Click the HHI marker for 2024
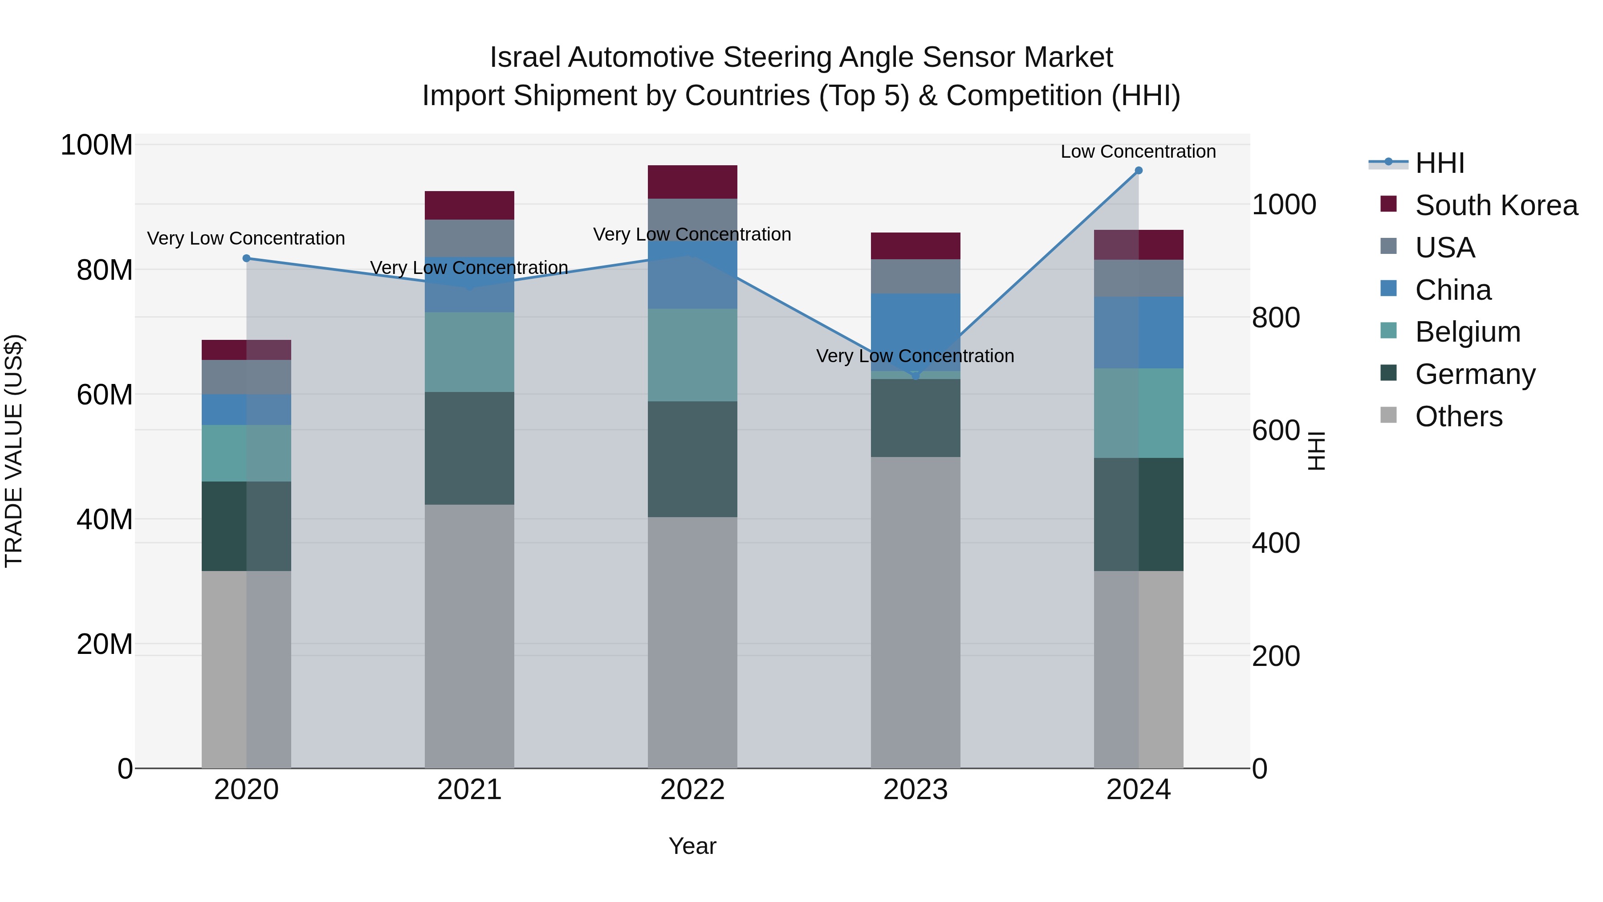[x=1138, y=171]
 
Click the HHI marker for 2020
[x=246, y=258]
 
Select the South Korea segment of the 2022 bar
[x=692, y=182]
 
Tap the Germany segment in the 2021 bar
[x=469, y=448]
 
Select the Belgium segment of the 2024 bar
[x=1138, y=413]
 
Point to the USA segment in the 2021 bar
[x=469, y=238]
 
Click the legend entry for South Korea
[x=1496, y=205]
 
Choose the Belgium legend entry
[x=1467, y=332]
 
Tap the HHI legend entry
[x=1439, y=163]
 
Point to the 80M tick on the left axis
[x=105, y=270]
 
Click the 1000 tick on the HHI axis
[x=1283, y=205]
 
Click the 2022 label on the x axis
[x=692, y=790]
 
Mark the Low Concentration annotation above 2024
[x=1138, y=151]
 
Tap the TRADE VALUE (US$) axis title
[x=14, y=451]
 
